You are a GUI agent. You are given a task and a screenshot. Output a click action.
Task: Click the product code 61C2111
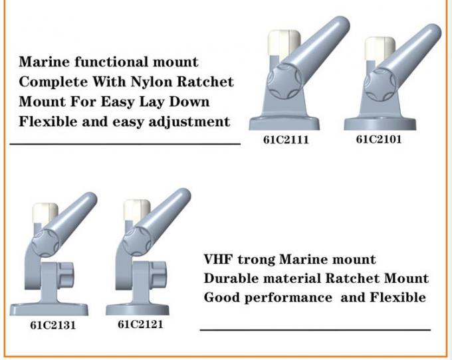pyautogui.click(x=286, y=141)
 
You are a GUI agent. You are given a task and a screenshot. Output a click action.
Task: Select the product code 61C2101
pyautogui.click(x=379, y=140)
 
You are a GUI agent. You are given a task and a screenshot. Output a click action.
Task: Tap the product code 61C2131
pyautogui.click(x=53, y=326)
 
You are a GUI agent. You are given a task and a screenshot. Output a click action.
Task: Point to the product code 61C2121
pyautogui.click(x=140, y=325)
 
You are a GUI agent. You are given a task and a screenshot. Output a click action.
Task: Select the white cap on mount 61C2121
pyautogui.click(x=137, y=211)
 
